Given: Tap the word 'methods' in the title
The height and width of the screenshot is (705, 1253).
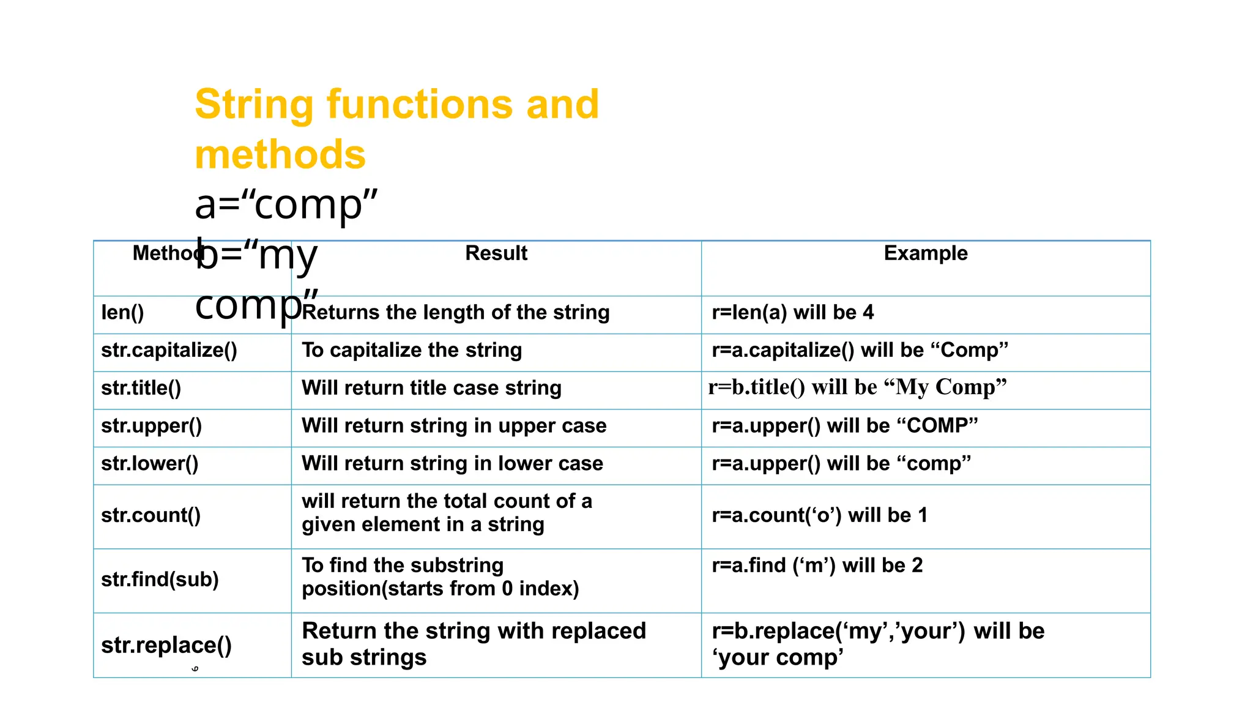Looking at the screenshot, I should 280,154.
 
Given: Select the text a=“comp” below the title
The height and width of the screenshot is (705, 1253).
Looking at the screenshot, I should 286,204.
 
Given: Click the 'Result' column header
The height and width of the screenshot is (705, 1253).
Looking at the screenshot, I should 496,253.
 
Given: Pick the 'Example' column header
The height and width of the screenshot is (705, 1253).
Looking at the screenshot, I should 925,253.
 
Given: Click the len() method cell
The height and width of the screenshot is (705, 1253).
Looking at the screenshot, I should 122,313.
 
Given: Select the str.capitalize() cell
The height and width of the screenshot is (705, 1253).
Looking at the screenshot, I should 169,351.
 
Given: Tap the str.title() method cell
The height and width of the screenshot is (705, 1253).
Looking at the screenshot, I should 141,388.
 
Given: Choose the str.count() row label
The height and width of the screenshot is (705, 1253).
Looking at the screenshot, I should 151,515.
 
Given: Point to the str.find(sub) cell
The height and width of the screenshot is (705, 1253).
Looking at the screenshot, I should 160,579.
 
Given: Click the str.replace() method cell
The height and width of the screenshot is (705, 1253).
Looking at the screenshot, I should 166,645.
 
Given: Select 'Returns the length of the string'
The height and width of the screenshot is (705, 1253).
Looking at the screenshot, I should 455,313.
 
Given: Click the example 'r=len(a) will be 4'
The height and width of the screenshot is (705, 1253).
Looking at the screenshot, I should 792,313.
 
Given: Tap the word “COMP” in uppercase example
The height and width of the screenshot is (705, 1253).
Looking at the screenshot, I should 939,426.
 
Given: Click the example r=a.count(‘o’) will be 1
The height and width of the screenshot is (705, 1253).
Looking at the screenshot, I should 819,515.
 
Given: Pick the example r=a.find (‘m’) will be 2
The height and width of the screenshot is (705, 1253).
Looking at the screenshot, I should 817,565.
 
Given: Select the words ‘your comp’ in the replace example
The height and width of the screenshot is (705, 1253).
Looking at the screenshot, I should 778,658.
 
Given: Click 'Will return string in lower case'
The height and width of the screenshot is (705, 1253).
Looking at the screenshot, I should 452,464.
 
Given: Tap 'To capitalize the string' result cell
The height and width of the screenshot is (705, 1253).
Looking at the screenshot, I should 412,351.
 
